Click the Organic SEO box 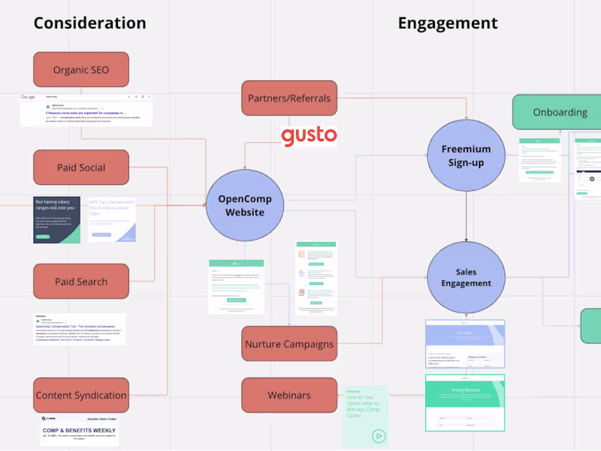click(81, 70)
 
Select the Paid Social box click(81, 168)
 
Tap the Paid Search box click(81, 282)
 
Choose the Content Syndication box click(81, 395)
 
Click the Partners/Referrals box click(289, 98)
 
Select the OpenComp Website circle click(245, 206)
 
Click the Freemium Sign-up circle click(466, 156)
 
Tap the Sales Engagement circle click(466, 277)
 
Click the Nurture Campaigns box click(289, 344)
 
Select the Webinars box click(289, 395)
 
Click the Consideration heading click(89, 23)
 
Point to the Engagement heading click(448, 23)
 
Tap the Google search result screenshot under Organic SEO click(86, 110)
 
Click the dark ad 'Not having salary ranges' click(56, 220)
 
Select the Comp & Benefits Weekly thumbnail click(80, 431)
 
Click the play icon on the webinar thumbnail click(379, 435)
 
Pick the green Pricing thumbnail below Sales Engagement click(465, 403)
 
